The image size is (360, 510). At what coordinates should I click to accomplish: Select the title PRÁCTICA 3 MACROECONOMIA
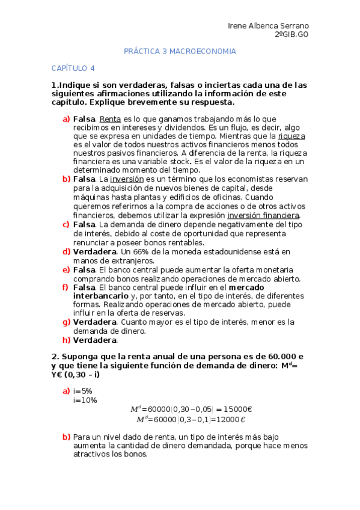180,52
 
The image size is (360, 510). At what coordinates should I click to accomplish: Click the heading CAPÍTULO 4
73,69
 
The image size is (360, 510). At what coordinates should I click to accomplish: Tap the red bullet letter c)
66,225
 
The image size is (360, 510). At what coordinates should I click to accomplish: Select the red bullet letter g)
66,322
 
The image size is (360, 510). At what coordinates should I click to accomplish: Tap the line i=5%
82,391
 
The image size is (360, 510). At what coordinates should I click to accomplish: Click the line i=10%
85,400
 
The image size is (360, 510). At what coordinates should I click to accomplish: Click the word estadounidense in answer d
234,251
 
